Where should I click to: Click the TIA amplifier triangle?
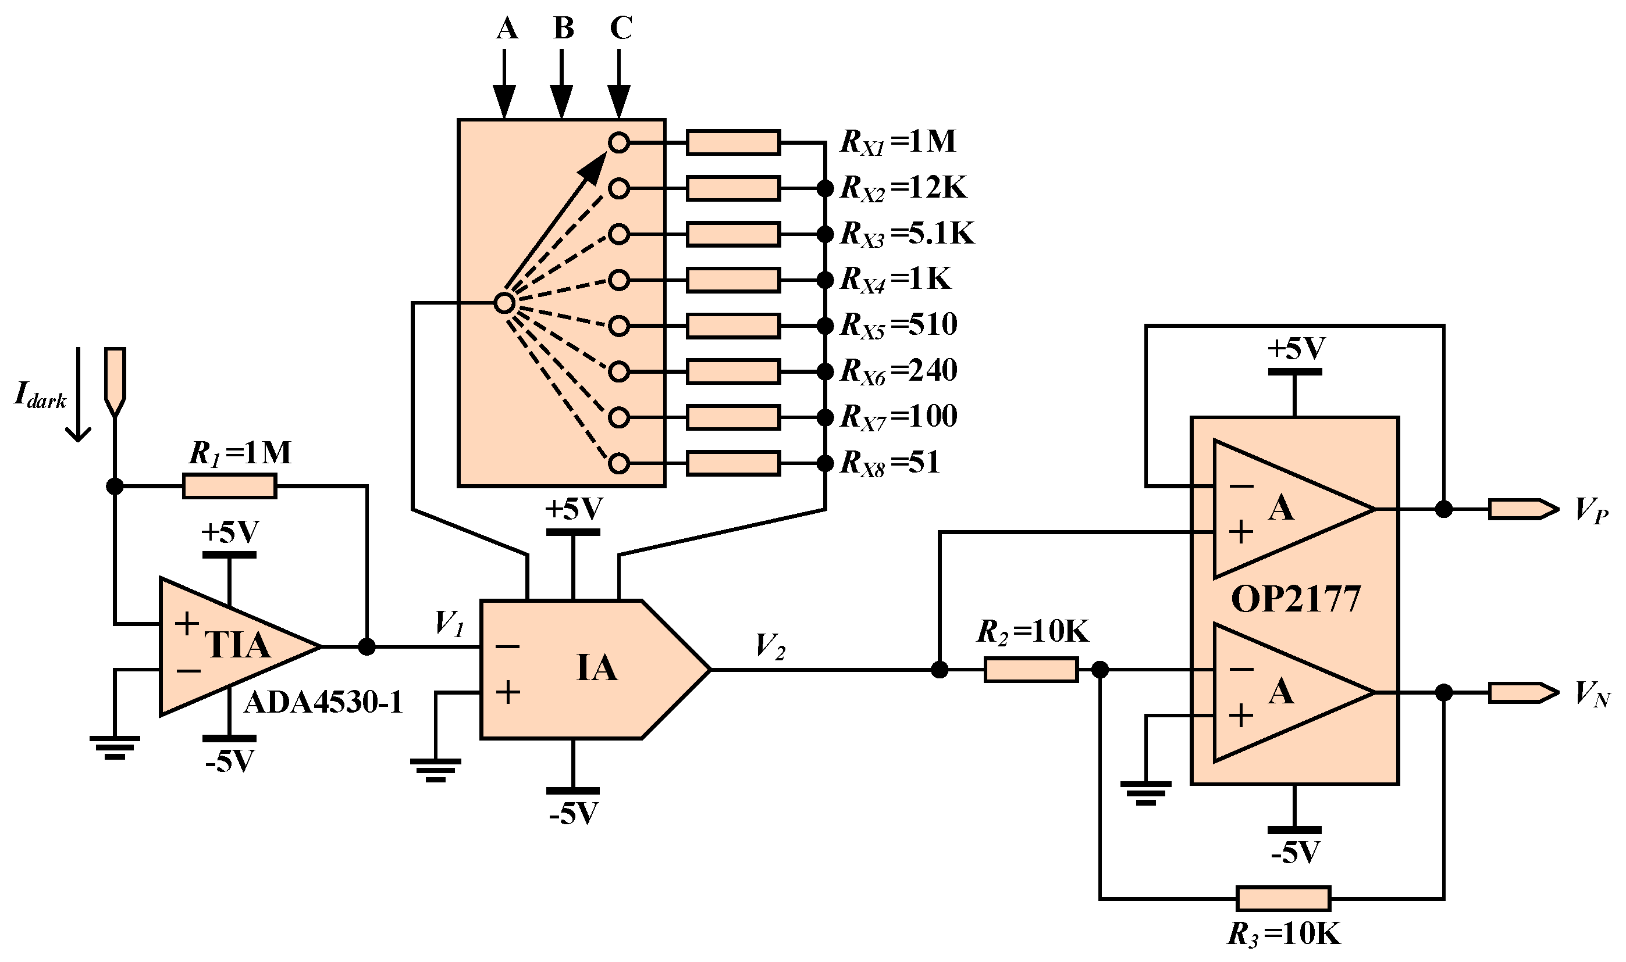233,646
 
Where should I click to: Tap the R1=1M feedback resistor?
230,485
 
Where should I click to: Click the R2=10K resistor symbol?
1031,670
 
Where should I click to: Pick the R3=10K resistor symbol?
1283,899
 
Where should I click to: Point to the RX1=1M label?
898,142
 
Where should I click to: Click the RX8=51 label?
890,463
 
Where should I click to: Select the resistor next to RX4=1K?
733,280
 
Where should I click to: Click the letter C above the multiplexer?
621,28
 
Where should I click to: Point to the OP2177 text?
1294,600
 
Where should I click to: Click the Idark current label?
40,395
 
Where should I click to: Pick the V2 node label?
770,646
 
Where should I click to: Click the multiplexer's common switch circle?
504,303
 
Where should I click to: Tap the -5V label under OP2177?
1295,853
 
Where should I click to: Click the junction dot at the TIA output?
367,646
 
